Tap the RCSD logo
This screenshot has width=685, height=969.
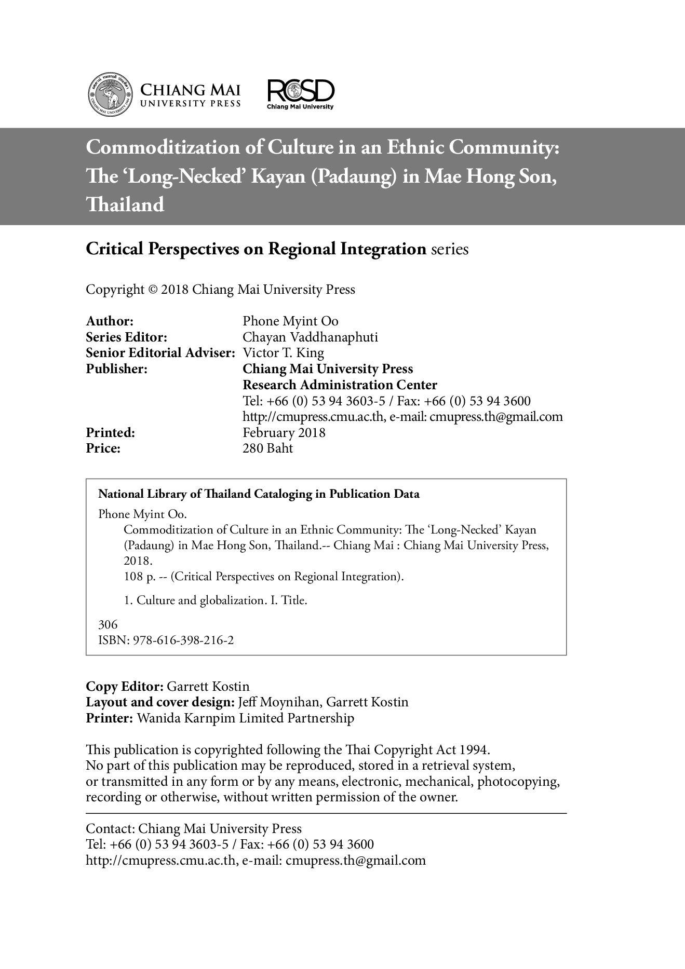(x=300, y=93)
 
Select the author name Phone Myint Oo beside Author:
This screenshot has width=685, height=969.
(x=290, y=321)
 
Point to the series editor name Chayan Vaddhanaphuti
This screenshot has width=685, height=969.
(x=310, y=337)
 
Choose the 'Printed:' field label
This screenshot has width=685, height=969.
(x=110, y=433)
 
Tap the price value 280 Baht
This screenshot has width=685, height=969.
(x=267, y=448)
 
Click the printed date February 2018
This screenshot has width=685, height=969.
(x=284, y=433)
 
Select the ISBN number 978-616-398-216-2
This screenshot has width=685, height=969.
(x=183, y=640)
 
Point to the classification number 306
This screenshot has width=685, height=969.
(x=108, y=625)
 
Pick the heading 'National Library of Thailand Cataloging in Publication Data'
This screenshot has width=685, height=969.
(x=259, y=494)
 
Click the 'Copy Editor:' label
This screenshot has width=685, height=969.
(x=125, y=687)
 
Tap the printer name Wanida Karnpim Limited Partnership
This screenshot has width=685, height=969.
(x=245, y=718)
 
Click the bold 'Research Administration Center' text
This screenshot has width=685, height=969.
(x=340, y=385)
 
